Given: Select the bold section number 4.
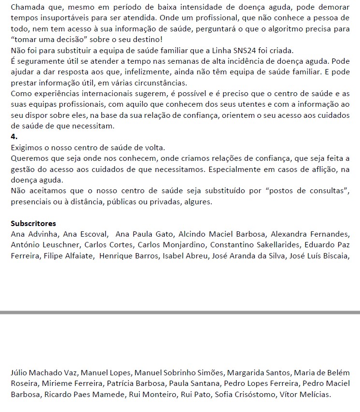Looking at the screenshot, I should pyautogui.click(x=14, y=137).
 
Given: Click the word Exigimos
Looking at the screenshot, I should pyautogui.click(x=27, y=147).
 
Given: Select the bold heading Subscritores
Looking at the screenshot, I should pyautogui.click(x=33, y=223).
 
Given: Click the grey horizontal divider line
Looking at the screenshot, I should pyautogui.click(x=180, y=313).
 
